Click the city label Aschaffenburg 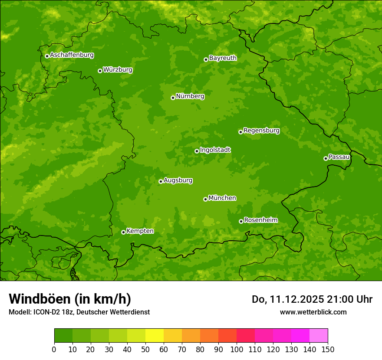72,55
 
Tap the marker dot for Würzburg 100,71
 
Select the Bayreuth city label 223,58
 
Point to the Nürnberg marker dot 173,98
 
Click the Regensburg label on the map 261,131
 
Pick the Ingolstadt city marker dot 197,151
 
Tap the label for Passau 339,157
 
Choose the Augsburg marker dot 161,181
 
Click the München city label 222,198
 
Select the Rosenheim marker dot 241,221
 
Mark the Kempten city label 140,231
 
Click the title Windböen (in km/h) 70,299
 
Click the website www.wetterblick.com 313,312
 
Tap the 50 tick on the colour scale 145,349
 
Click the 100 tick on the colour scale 237,349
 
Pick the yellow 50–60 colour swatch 155,336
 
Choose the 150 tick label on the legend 328,349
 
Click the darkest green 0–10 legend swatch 63,336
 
